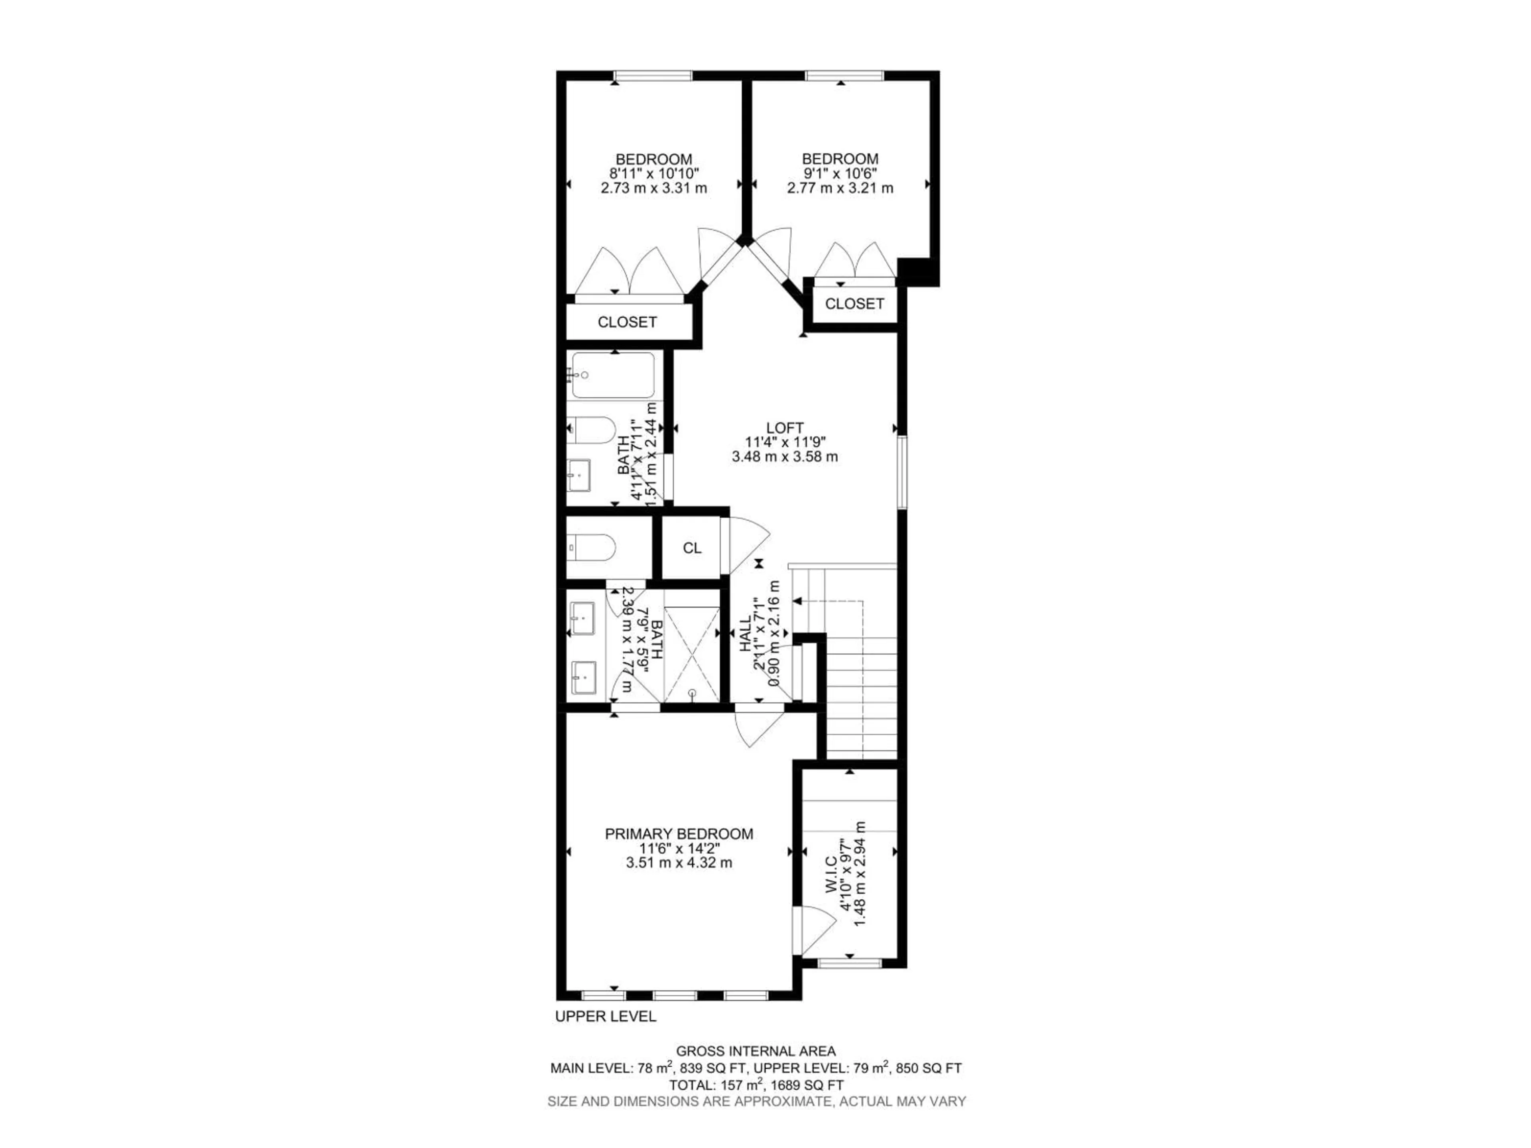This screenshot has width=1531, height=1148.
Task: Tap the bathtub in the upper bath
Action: click(612, 376)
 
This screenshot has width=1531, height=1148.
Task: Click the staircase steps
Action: click(861, 699)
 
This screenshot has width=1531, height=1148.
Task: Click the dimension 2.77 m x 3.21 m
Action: click(840, 187)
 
